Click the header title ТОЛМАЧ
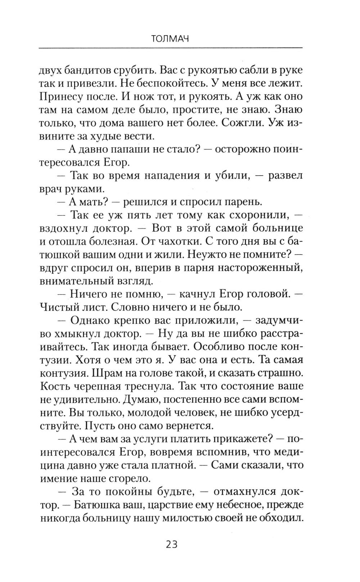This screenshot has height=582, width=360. (170, 39)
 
